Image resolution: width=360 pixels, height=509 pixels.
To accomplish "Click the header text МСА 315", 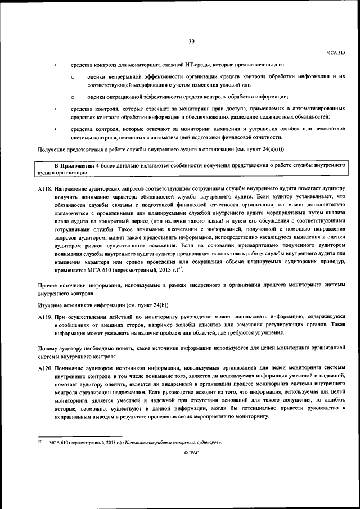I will point(336,52).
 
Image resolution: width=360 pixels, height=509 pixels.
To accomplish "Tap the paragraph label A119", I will point(44,318).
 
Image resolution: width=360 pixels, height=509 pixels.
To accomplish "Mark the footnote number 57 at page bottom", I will point(39,442).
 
